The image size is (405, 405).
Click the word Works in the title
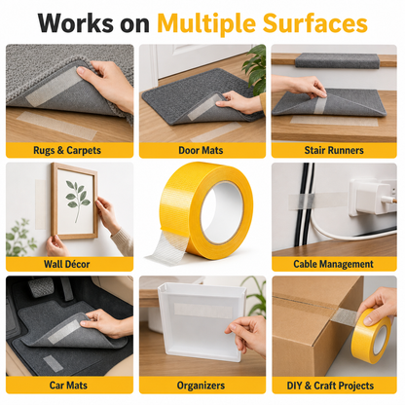(76, 23)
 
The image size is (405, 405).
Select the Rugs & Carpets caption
(67, 150)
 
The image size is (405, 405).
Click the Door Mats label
(201, 150)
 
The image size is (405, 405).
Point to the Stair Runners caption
(334, 150)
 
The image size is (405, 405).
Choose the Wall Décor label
(67, 264)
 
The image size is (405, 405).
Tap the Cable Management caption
(333, 264)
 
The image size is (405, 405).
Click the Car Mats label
(68, 386)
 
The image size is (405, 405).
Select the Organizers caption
(201, 386)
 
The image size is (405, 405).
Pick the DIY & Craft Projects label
(330, 386)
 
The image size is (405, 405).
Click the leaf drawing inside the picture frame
(77, 200)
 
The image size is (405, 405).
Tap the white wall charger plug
(373, 197)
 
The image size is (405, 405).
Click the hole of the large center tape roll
(223, 212)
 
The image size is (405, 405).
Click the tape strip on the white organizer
(203, 311)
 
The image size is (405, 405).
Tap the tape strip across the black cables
(317, 201)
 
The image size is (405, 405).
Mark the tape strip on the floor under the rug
(56, 126)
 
